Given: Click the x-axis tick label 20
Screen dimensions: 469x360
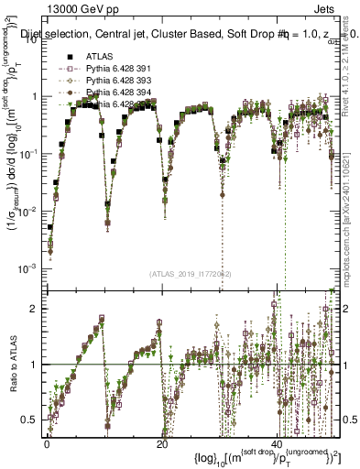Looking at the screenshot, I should point(162,443).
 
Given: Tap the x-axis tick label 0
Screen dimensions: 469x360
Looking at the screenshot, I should point(47,443).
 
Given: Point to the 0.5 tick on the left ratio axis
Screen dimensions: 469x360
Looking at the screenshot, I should point(30,420).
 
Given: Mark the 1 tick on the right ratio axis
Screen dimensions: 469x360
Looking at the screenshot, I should point(342,365).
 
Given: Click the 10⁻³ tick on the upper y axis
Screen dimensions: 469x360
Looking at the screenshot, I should point(27,267).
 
